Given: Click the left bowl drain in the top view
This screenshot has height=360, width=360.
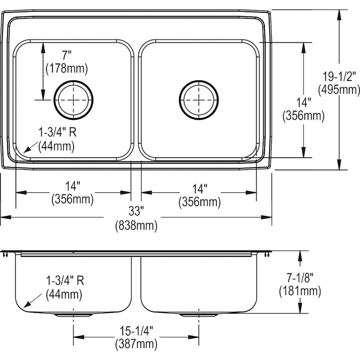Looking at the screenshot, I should tap(73, 100).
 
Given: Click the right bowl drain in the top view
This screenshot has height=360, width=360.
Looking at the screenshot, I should tap(199, 100).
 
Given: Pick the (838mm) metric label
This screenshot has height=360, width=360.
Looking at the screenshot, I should tap(136, 226).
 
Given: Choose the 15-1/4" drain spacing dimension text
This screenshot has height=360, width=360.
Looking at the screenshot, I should tap(136, 329).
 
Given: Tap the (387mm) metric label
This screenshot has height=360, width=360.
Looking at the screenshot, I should tap(136, 343).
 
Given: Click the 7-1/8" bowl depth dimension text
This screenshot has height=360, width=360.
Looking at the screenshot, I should tap(300, 276).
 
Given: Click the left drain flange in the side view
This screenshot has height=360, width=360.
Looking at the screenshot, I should tap(73, 315).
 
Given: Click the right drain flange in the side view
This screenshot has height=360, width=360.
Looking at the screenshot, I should tap(199, 315).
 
